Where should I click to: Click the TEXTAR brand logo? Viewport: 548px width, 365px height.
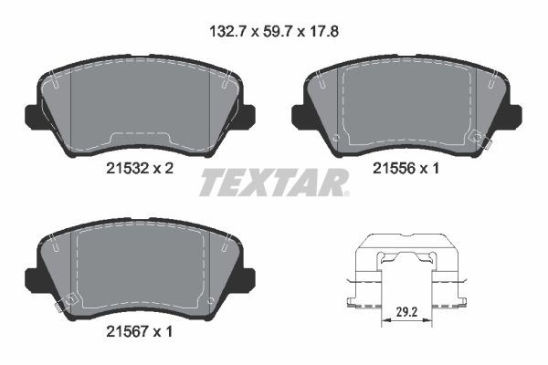(272, 182)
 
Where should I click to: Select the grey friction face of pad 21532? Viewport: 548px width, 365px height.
(137, 105)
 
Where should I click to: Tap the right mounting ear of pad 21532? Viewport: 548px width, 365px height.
(248, 114)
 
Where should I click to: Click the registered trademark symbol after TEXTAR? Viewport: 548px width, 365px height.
(343, 193)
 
